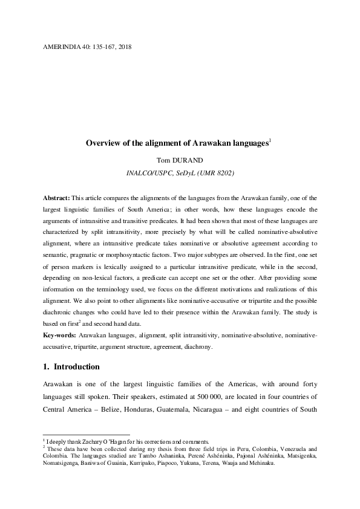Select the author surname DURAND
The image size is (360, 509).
[192, 160]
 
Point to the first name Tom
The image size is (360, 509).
[164, 160]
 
